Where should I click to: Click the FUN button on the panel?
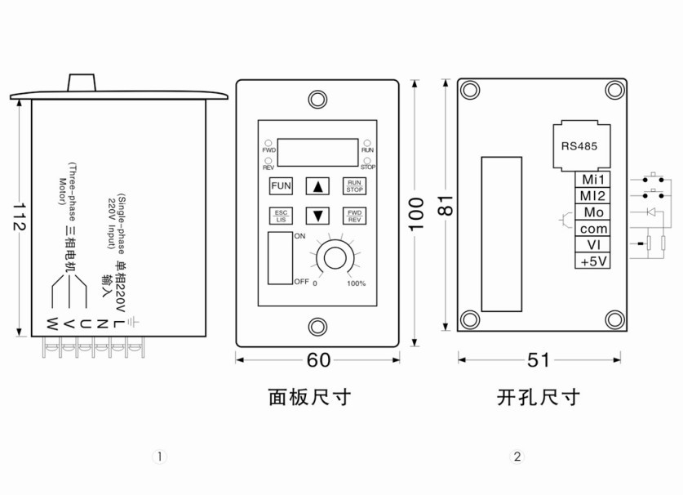(281, 186)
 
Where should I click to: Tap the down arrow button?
(317, 216)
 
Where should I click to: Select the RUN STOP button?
(354, 186)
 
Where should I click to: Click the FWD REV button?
(354, 216)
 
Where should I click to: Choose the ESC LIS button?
(281, 216)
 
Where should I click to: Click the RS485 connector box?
(581, 146)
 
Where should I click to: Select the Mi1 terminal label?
(592, 179)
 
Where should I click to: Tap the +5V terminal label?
(592, 261)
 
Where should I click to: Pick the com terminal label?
(592, 229)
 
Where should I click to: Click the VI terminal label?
(592, 245)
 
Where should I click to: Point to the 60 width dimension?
(317, 359)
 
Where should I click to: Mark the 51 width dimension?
(539, 359)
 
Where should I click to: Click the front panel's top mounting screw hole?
(317, 100)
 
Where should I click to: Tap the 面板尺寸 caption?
(310, 398)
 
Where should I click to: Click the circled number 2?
(517, 457)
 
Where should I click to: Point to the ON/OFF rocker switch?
(280, 259)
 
